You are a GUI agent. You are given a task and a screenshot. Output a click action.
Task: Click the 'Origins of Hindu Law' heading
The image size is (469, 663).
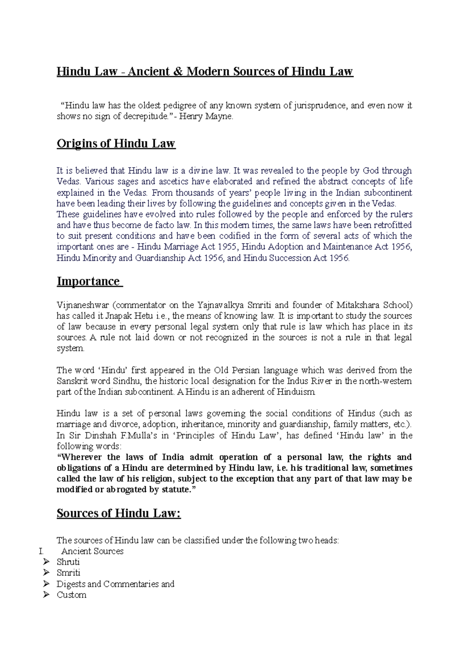coord(116,144)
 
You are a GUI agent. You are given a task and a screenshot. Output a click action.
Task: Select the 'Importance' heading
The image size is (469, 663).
coord(88,282)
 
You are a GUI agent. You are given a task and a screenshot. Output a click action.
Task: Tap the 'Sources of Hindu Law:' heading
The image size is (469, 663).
coord(119,513)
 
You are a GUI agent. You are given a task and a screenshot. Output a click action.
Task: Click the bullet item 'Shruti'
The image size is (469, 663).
coord(68,562)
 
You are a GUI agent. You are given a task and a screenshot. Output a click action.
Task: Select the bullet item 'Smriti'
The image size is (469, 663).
coord(68,573)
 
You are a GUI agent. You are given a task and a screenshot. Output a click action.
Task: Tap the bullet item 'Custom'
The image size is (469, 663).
coord(72,595)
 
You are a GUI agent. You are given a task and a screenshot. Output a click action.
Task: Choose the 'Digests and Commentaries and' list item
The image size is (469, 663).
coord(115,584)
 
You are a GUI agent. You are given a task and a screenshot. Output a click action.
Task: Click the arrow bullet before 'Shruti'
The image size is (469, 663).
coord(47,562)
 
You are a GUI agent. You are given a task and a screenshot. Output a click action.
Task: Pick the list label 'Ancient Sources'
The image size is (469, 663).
coord(92,551)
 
